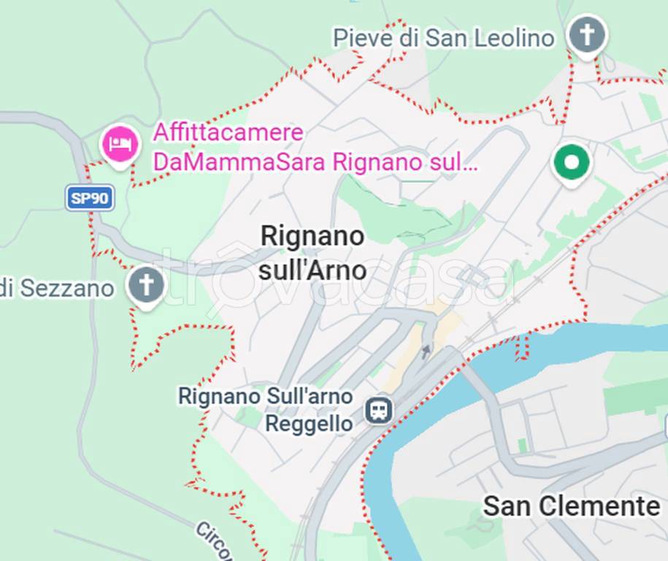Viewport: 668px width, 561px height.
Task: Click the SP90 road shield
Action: click(x=90, y=198)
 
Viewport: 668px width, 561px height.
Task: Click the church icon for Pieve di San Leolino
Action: click(x=587, y=34)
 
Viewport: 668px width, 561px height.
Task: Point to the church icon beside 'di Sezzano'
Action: click(x=146, y=286)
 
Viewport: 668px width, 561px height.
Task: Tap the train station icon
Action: click(x=378, y=410)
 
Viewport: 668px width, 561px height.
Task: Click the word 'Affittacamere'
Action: click(x=228, y=133)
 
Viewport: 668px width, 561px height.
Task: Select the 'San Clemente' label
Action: click(x=571, y=505)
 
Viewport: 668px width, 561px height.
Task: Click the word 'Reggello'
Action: click(x=309, y=424)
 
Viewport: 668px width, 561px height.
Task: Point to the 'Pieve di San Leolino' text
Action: click(x=444, y=38)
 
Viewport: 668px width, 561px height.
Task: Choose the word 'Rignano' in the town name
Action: click(x=312, y=236)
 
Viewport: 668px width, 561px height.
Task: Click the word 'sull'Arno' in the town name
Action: click(x=312, y=270)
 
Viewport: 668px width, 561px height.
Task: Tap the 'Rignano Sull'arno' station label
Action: click(x=266, y=397)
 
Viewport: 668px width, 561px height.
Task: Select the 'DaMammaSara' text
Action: click(x=239, y=162)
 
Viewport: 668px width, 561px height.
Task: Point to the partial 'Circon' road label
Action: click(x=213, y=539)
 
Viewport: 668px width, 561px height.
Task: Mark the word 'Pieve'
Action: click(x=363, y=38)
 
